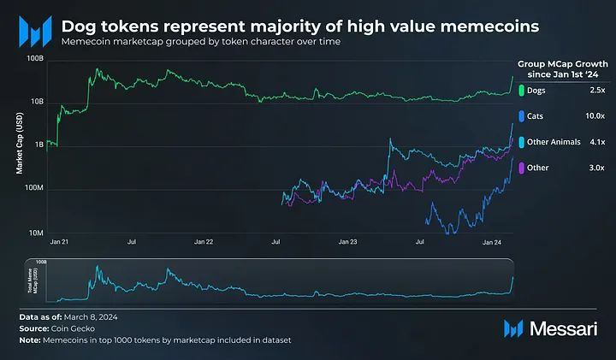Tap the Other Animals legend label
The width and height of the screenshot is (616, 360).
554,141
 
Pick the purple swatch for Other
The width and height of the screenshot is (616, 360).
522,168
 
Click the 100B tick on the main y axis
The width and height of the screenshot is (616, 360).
36,59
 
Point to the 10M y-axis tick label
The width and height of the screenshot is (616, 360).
36,233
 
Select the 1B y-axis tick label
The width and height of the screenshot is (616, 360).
38,145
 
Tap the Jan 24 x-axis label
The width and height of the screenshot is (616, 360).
491,243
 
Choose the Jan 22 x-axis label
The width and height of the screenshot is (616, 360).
204,243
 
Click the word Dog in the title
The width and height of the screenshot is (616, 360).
80,27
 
